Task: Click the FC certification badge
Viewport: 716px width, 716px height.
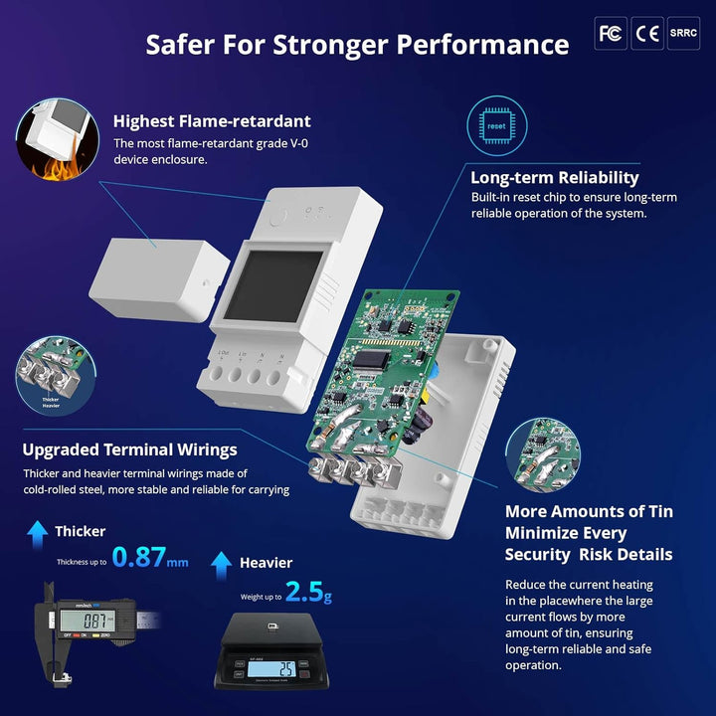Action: (x=611, y=33)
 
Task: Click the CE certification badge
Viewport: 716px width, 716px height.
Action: (x=648, y=33)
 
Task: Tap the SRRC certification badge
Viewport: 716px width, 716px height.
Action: (x=684, y=33)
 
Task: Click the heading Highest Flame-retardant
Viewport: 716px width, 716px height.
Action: (x=212, y=121)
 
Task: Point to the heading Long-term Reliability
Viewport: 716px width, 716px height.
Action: (x=555, y=178)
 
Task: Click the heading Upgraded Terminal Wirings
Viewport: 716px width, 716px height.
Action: (x=129, y=449)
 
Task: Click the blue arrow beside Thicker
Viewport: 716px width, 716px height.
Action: (x=38, y=533)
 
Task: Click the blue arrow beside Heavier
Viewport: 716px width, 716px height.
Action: (x=222, y=565)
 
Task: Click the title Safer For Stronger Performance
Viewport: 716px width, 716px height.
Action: (x=357, y=45)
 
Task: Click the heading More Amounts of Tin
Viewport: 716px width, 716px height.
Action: (x=589, y=511)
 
